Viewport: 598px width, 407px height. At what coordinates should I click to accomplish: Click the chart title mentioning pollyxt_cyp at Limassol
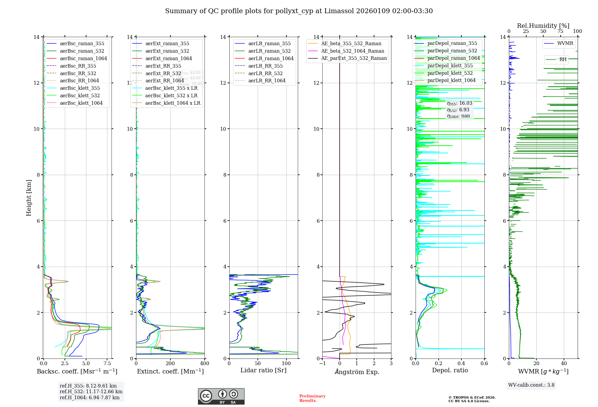[x=299, y=11]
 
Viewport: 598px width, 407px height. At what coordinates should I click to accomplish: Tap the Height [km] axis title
[x=29, y=198]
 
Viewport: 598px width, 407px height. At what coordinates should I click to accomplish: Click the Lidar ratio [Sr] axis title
[x=263, y=370]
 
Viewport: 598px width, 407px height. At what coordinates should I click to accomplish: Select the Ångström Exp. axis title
[x=357, y=372]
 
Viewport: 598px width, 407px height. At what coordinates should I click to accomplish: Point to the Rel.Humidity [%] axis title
[x=543, y=26]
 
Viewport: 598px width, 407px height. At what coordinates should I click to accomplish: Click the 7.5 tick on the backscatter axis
[x=107, y=363]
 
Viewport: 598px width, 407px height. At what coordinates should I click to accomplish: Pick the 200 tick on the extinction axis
[x=170, y=363]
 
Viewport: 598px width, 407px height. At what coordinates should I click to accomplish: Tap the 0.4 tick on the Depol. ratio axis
[x=461, y=363]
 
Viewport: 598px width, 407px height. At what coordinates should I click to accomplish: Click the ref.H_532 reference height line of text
[x=91, y=391]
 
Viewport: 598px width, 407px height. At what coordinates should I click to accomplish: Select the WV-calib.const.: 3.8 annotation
[x=531, y=385]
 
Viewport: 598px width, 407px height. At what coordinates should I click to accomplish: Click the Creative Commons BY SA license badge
[x=221, y=396]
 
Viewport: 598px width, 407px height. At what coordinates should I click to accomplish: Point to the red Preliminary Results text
[x=312, y=398]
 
